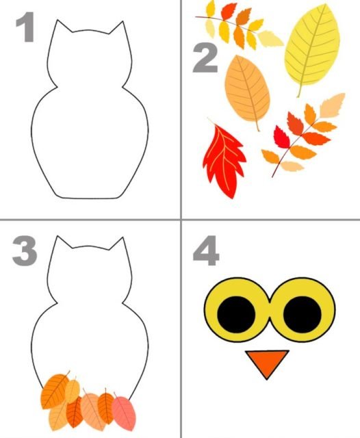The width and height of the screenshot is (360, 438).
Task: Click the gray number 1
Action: [x=27, y=27]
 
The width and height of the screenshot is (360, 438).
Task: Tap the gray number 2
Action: [x=205, y=58]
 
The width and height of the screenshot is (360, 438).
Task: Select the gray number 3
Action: [x=25, y=250]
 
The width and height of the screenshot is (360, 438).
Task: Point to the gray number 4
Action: [x=206, y=250]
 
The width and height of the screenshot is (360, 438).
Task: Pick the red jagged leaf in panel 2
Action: [x=223, y=161]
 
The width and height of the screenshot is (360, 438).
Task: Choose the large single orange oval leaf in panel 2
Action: [x=247, y=90]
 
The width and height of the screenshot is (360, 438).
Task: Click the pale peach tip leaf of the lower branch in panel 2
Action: [x=333, y=105]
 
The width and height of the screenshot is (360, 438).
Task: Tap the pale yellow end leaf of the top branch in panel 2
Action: [x=270, y=38]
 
